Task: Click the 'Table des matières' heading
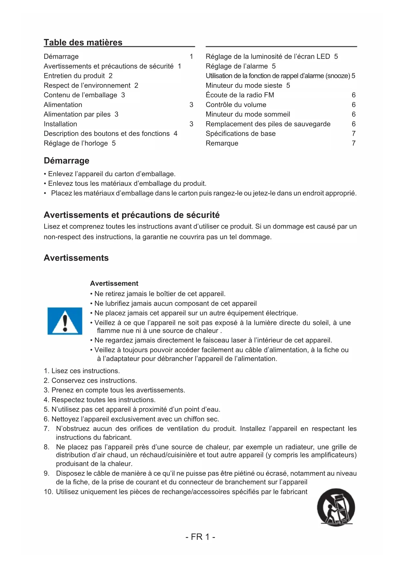pyautogui.click(x=83, y=42)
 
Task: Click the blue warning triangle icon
pyautogui.click(x=65, y=321)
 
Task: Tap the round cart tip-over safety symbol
pyautogui.click(x=336, y=507)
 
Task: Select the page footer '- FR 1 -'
pyautogui.click(x=200, y=537)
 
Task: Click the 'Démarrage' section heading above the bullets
pyautogui.click(x=67, y=161)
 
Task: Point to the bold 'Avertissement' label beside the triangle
pyautogui.click(x=114, y=283)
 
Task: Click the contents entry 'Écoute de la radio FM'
pyautogui.click(x=240, y=95)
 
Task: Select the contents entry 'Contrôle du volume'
pyautogui.click(x=236, y=105)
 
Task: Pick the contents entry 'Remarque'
pyautogui.click(x=222, y=143)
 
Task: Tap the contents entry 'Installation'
pyautogui.click(x=60, y=124)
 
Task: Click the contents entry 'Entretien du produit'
pyautogui.click(x=74, y=76)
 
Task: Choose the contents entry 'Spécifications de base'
pyautogui.click(x=241, y=134)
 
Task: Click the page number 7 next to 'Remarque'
pyautogui.click(x=354, y=143)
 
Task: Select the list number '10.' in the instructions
pyautogui.click(x=48, y=492)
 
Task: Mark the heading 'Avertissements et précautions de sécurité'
pyautogui.click(x=132, y=215)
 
